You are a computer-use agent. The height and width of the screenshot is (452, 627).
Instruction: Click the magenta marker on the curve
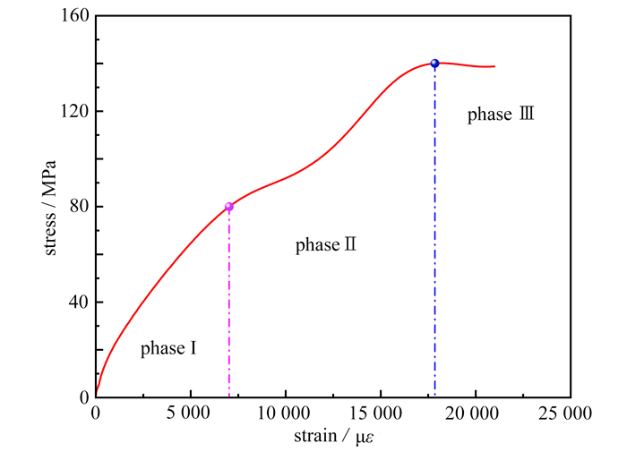tap(229, 207)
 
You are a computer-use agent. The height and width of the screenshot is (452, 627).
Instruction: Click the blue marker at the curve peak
tap(434, 64)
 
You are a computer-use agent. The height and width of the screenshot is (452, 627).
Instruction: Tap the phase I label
tap(168, 349)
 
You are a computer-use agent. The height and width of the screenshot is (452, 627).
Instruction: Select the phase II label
tap(326, 244)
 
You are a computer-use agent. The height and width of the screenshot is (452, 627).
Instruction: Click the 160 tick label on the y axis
tap(75, 16)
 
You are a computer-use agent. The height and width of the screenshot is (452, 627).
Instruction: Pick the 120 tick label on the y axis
tap(75, 111)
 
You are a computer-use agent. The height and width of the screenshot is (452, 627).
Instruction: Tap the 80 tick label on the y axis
tap(79, 207)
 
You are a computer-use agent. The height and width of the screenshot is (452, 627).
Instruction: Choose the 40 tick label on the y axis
tap(79, 302)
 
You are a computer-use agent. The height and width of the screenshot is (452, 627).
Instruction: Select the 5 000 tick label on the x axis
tap(191, 414)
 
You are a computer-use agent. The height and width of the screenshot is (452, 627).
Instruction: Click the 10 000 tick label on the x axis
tap(285, 414)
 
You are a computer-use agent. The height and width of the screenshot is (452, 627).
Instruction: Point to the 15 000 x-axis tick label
tap(380, 414)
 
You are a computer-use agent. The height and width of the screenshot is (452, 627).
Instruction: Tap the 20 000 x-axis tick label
tap(475, 414)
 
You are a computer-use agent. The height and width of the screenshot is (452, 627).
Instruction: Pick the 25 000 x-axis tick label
tap(569, 414)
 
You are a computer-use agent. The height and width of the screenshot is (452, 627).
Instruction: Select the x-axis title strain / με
tap(332, 437)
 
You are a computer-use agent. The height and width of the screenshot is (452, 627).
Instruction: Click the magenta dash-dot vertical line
tap(229, 304)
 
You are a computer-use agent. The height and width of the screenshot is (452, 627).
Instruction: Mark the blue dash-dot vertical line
tap(434, 233)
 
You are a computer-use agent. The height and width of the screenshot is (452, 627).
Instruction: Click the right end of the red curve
tap(494, 66)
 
